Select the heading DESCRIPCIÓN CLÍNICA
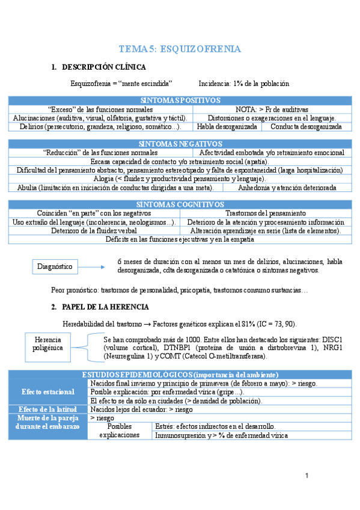click(x=103, y=67)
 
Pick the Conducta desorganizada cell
click(x=306, y=127)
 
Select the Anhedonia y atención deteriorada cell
click(x=287, y=188)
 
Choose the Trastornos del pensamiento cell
click(x=265, y=214)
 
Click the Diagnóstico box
click(x=55, y=266)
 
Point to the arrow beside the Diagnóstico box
click(x=91, y=266)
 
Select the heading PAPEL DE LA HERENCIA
click(x=106, y=307)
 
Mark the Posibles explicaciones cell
click(x=119, y=431)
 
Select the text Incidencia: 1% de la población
click(x=243, y=84)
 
